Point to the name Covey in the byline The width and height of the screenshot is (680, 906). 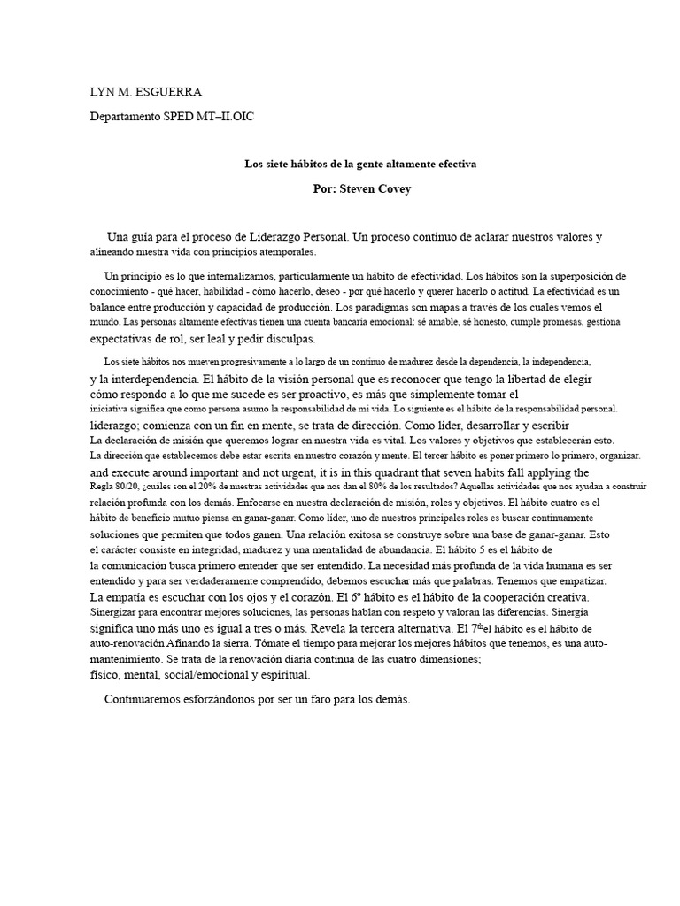(390, 189)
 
